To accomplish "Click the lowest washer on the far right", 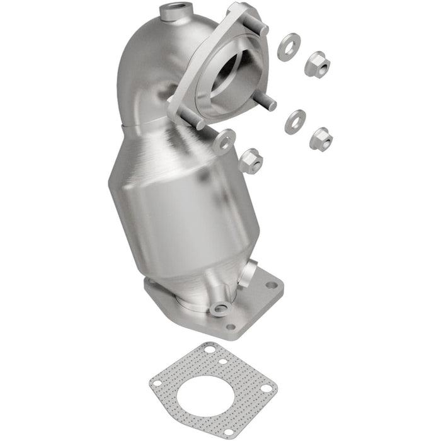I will (x=294, y=121).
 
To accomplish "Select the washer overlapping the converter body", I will (x=224, y=141).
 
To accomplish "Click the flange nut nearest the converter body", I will (x=250, y=160).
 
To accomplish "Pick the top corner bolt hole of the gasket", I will (x=209, y=348).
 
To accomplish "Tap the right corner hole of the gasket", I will (x=267, y=388).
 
